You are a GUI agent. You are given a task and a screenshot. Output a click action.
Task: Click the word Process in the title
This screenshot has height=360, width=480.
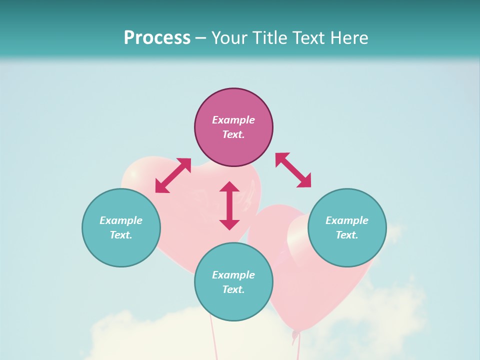(x=157, y=38)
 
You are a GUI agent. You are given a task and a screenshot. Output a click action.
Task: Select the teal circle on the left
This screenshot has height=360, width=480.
(x=121, y=245)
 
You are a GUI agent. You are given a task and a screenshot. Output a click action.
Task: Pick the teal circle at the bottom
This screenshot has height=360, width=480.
(x=233, y=305)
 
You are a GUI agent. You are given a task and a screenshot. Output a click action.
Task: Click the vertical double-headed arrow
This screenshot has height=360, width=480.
(x=229, y=205)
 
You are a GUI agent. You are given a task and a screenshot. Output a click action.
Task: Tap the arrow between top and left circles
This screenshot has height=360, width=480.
(x=173, y=175)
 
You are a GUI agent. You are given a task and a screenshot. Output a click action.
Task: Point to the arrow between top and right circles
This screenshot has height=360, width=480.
(x=293, y=170)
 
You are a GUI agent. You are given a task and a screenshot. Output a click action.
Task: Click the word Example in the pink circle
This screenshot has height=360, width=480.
(x=233, y=120)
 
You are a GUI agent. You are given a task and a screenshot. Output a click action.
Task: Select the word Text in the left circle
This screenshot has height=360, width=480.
(x=120, y=235)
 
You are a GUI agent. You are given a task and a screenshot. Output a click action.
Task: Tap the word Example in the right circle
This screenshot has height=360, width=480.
(x=347, y=220)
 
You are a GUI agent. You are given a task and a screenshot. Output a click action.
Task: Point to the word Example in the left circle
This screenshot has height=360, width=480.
(x=121, y=220)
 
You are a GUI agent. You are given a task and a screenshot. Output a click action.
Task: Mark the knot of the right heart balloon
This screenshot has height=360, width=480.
(x=295, y=333)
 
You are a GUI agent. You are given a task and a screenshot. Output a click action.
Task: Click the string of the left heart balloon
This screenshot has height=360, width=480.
(x=214, y=340)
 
